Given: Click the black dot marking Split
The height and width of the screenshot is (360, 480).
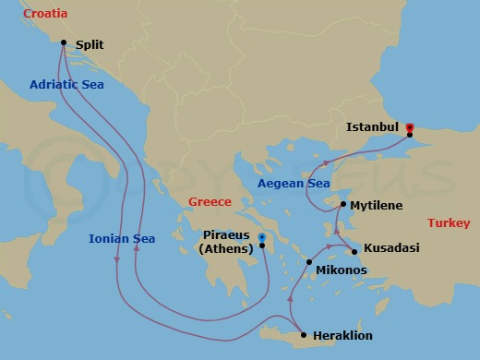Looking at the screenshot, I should point(64,42).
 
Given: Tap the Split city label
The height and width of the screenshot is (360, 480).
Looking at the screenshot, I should point(90,43).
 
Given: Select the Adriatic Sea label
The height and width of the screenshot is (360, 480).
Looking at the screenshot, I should point(66,84).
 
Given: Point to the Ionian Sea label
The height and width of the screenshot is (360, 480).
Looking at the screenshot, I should point(122,238).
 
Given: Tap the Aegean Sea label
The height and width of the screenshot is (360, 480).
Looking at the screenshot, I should point(294,185).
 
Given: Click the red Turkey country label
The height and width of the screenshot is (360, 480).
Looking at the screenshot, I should point(450,223).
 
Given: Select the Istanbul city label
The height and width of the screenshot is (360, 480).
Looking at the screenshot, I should point(372,126).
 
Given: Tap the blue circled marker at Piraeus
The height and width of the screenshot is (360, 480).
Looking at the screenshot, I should point(262,237).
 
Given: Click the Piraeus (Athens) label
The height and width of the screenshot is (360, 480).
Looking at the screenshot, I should point(229,242).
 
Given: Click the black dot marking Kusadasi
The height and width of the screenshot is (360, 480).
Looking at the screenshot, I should point(356,250).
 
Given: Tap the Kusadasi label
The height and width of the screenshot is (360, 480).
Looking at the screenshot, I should point(392,250).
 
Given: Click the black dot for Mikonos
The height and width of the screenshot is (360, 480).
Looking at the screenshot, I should point(309,263).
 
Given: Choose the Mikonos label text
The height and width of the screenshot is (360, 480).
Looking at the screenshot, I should point(342,270).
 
